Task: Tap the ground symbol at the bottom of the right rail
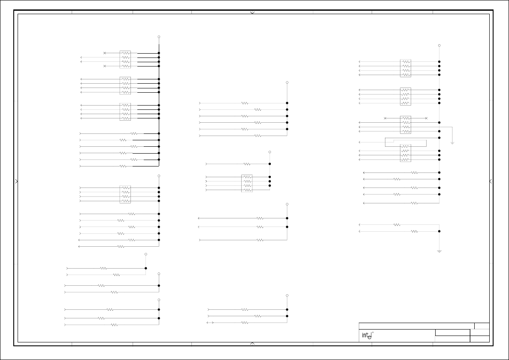[439, 251]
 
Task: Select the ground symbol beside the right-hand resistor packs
[452, 142]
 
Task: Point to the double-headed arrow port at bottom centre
[210, 322]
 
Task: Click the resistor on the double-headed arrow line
[245, 322]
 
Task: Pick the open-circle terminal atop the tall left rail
[159, 37]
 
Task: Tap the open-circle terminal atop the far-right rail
[439, 45]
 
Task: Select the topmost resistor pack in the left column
[125, 59]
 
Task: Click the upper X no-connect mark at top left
[105, 53]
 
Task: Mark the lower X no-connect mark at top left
[105, 66]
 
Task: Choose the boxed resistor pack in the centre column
[247, 183]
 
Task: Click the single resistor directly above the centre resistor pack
[247, 164]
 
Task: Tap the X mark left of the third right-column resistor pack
[385, 118]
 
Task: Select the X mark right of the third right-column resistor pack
[426, 118]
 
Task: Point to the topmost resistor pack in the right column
[406, 68]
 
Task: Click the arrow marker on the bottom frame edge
[252, 343]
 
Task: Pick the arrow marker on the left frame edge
[17, 182]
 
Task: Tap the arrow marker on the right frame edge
[491, 182]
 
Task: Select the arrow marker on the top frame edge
[252, 13]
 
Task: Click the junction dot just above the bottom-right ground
[439, 231]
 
